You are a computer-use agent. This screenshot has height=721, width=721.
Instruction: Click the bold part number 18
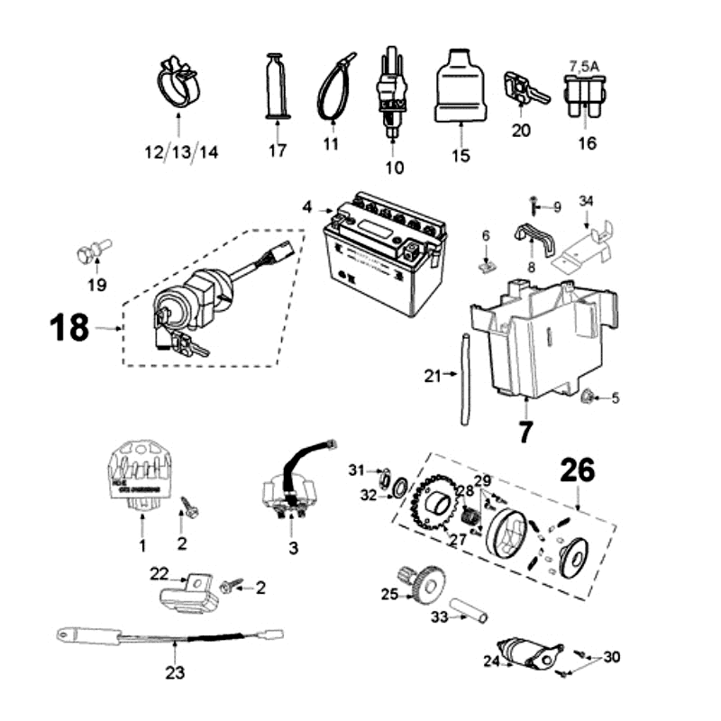69,328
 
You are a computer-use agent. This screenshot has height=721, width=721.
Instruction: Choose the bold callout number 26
577,471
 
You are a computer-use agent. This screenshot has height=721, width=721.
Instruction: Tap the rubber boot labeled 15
460,86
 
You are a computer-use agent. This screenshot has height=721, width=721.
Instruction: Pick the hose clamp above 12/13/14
178,82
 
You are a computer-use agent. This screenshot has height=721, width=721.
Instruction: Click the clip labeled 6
487,263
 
